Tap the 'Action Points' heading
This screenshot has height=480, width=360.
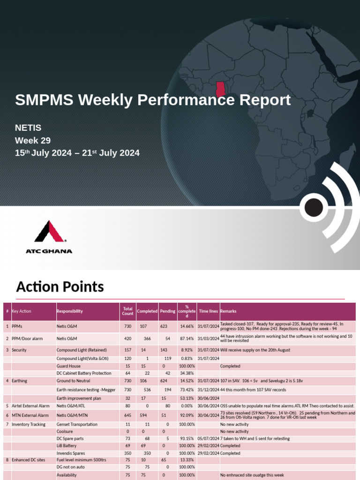tap(60, 286)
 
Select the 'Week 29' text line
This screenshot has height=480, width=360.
tap(33, 140)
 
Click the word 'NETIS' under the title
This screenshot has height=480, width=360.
tap(28, 127)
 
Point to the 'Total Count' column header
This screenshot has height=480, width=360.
tap(127, 311)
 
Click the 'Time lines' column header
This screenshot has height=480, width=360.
tap(208, 311)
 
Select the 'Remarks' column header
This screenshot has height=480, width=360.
tap(228, 311)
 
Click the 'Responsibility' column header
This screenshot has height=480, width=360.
tap(69, 311)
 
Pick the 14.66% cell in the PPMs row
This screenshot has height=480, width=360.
tap(187, 326)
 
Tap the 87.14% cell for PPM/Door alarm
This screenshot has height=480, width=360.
tap(187, 338)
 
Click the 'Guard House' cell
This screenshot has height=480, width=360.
tap(68, 366)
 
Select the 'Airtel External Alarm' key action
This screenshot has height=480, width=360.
tap(30, 405)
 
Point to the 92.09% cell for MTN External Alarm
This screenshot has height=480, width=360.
tap(187, 415)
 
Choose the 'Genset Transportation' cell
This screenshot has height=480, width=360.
tap(77, 424)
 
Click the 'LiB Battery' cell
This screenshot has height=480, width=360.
tap(67, 446)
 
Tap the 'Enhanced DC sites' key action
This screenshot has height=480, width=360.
tap(29, 460)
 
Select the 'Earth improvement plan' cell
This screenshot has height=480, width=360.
tap(78, 398)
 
